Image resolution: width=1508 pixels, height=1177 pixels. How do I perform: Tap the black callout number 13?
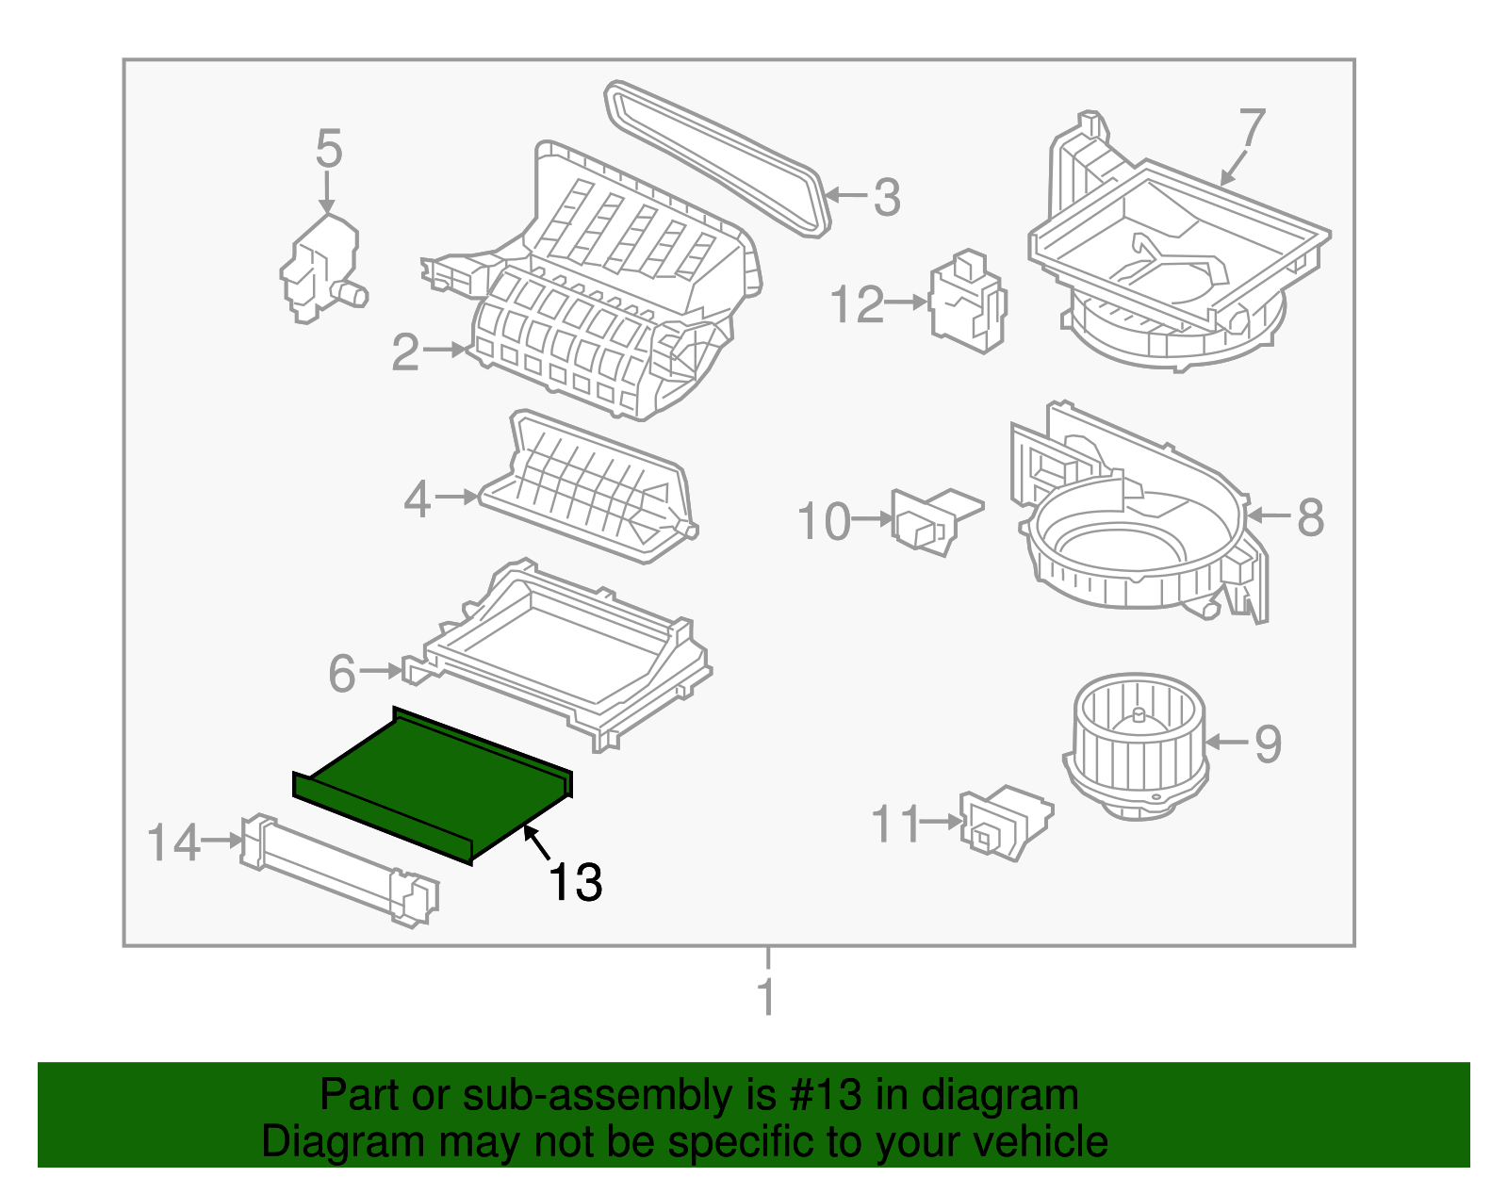575,883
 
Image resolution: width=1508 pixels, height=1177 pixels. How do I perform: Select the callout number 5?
328,149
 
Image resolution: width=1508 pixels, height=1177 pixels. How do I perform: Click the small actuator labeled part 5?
320,269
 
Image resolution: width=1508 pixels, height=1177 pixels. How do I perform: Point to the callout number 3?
886,197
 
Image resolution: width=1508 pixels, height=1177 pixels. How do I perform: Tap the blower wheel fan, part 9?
1136,744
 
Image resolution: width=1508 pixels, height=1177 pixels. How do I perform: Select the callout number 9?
1268,744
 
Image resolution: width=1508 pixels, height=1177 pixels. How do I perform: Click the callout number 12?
858,304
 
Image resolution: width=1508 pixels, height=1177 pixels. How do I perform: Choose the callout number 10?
824,521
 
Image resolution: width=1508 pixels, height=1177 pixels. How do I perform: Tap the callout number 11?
894,824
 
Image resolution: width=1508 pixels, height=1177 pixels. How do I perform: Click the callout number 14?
174,842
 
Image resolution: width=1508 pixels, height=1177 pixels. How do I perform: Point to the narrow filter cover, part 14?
339,870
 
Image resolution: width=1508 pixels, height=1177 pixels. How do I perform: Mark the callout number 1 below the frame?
767,997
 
